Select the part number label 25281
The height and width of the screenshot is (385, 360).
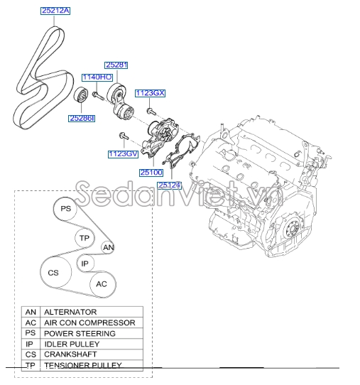tap(116, 65)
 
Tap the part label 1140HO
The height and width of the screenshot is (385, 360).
tap(97, 77)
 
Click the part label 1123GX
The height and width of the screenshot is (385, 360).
tap(150, 92)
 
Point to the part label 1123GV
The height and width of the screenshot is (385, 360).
tap(122, 153)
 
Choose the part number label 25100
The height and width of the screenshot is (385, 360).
tap(151, 172)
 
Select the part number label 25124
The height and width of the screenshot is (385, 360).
tap(190, 185)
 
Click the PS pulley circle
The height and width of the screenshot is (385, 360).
tap(65, 209)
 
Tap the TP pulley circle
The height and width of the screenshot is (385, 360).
tap(84, 238)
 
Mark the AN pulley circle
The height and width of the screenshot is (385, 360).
tap(108, 247)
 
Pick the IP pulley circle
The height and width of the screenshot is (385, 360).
tap(85, 263)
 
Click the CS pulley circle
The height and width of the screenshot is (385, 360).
tap(53, 273)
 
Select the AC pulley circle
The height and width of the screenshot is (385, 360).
tap(102, 284)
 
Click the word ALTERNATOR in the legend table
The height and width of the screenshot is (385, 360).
tap(70, 312)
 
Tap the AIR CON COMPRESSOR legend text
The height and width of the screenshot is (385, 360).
tap(89, 322)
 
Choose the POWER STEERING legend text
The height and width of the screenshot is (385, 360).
tap(80, 333)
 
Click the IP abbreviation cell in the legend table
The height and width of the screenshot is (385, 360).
tap(31, 344)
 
